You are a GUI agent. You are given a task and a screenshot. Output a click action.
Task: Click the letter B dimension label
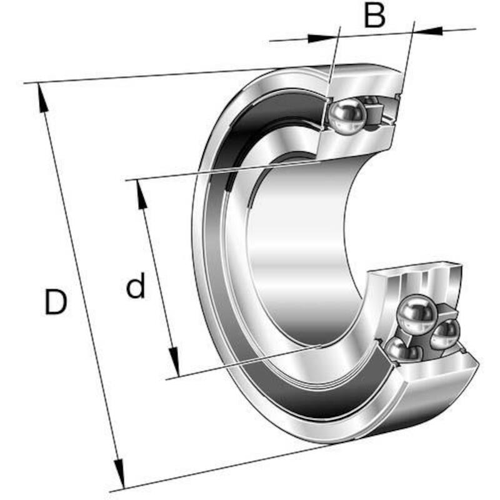pos(374,15)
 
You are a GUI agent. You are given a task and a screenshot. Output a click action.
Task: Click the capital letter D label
pos(56,302)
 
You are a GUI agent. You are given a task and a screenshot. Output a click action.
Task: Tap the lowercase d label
pos(136,285)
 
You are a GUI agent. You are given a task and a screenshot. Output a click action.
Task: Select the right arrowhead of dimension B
pos(428,31)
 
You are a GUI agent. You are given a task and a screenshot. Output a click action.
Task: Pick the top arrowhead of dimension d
pos(142,194)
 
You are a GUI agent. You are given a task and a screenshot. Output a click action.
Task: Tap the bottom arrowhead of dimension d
pos(174,362)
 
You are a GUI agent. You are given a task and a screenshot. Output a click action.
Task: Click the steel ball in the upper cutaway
pos(347,116)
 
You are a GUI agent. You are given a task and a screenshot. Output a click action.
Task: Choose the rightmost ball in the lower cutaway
pos(446,334)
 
